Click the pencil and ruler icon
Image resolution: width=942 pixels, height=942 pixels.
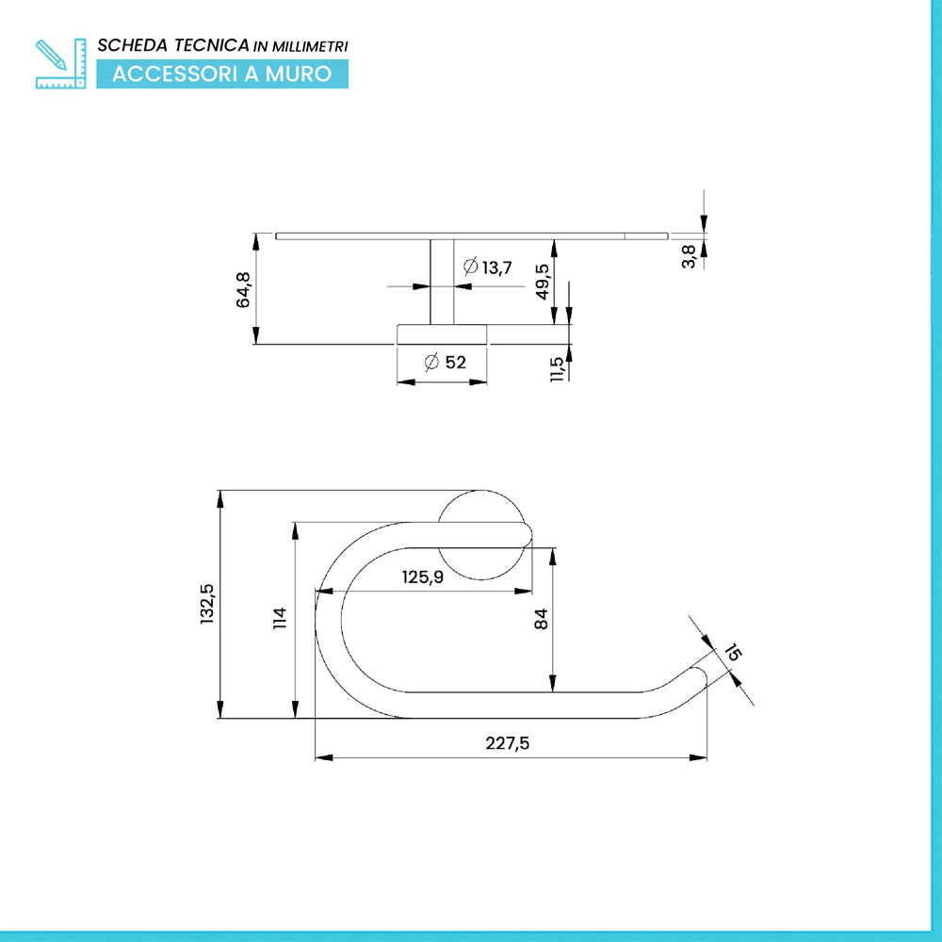click(60, 64)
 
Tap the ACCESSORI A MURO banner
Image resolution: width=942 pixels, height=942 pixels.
click(222, 73)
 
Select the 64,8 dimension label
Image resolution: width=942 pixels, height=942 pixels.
click(243, 289)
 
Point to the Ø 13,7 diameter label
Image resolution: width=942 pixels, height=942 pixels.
click(487, 267)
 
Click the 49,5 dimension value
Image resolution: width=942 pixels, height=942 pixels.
click(542, 281)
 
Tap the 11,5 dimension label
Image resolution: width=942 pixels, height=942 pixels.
click(557, 369)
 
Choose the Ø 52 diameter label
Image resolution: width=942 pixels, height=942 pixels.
click(446, 363)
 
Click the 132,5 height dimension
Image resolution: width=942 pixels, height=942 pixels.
click(206, 604)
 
